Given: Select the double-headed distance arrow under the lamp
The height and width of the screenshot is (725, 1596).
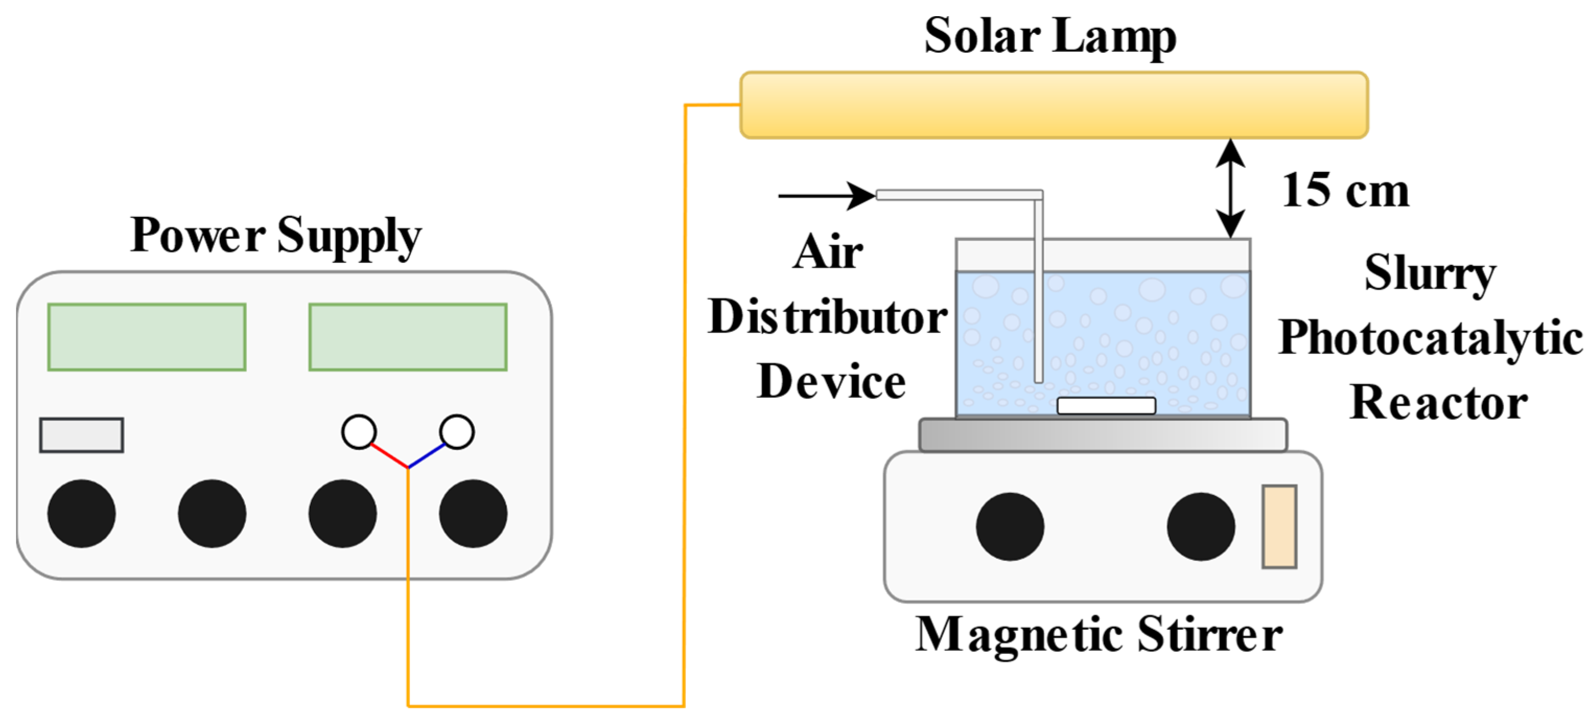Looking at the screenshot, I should coord(1230,189).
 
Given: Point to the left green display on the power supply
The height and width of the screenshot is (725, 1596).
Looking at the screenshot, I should coord(147,337).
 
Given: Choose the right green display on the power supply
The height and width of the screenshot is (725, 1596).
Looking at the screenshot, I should coord(408,337).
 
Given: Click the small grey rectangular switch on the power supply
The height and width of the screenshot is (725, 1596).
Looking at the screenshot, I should coord(81,435).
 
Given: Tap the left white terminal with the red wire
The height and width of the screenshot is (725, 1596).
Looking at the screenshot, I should coord(359,431).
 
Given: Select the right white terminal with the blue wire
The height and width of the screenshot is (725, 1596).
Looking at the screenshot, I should coord(456,431).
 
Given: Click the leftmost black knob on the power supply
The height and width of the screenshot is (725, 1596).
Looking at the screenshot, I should coord(81,513).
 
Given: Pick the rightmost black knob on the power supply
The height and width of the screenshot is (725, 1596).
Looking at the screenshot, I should coord(473,513).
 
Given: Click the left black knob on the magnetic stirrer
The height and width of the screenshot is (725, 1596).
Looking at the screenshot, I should coord(1010,526).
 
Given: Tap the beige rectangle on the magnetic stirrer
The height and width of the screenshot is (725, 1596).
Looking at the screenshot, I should coord(1280,526).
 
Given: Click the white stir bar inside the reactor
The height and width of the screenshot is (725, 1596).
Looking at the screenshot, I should coord(1106,406).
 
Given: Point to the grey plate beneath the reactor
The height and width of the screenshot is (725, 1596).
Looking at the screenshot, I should coord(1103,435).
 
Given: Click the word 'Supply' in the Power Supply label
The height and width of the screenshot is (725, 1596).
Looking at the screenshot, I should coord(349,236).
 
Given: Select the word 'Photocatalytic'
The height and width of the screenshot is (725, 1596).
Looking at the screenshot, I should coord(1430,338).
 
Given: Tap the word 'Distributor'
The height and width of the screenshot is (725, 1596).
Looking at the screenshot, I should coord(827,317).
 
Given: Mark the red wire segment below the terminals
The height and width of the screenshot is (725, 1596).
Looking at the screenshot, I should coord(390,455).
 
